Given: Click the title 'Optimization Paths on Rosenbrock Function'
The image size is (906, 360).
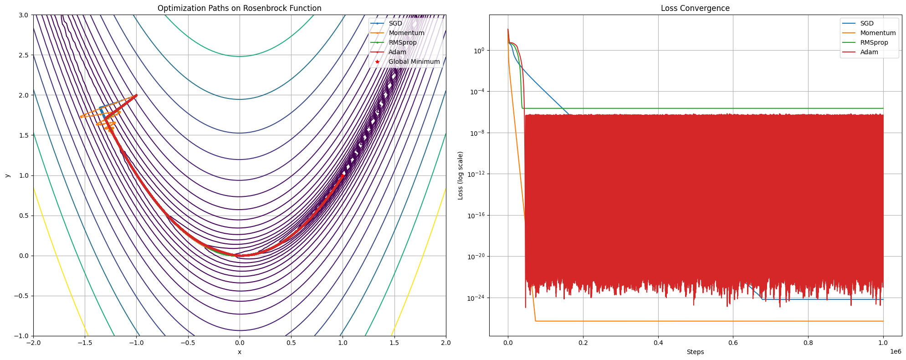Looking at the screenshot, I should [x=239, y=8].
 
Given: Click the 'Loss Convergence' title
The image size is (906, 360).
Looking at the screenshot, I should [x=695, y=8].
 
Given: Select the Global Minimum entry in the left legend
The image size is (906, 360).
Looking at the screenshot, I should [x=414, y=62].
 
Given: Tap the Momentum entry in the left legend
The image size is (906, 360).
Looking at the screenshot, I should [x=406, y=33].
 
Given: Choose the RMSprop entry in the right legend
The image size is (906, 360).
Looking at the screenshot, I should [x=874, y=42].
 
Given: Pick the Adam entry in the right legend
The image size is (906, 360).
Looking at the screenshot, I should [x=869, y=52].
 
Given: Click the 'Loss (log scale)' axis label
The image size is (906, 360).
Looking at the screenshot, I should [x=461, y=175].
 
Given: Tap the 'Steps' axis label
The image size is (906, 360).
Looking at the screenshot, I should [x=695, y=352].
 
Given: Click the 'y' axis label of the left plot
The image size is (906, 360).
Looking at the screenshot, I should [x=7, y=175].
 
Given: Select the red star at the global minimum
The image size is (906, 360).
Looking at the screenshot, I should [x=343, y=175].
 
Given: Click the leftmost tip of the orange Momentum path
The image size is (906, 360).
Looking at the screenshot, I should [x=81, y=117].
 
